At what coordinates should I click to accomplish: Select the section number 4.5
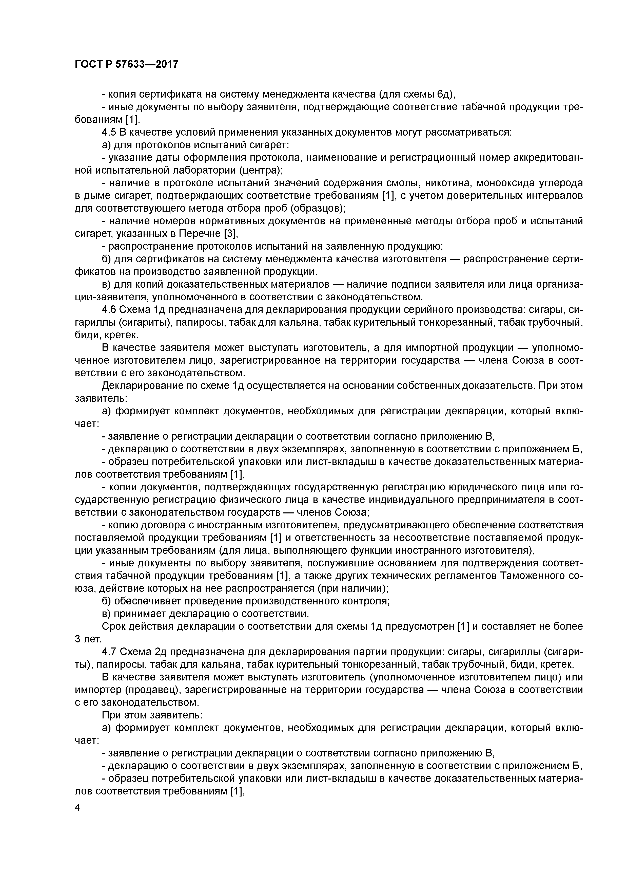coord(109,133)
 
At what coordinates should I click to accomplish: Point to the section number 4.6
coord(109,310)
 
